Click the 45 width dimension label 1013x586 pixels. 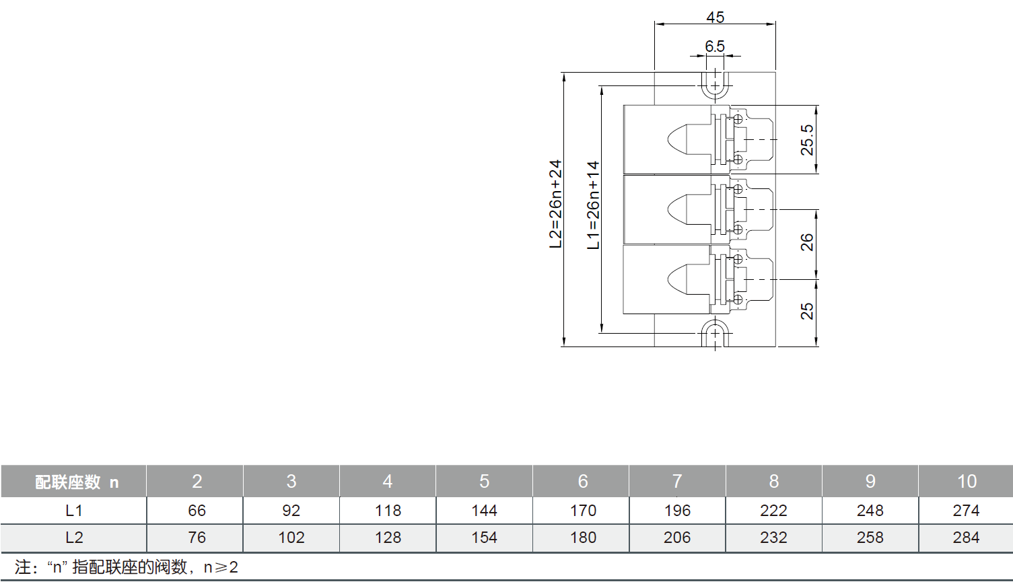point(715,17)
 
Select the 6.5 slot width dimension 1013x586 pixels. point(714,46)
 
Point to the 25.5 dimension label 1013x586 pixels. point(806,140)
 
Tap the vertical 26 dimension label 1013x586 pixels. point(806,242)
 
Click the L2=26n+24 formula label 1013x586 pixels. point(555,204)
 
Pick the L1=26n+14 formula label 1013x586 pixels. point(593,205)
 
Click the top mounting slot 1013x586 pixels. point(715,85)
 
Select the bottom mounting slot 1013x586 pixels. point(715,333)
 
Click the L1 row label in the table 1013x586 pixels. point(73,511)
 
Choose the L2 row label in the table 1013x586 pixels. point(73,538)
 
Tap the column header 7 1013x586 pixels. point(677,481)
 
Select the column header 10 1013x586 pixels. point(967,481)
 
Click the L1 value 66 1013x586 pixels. point(197,511)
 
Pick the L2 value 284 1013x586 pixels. point(966,538)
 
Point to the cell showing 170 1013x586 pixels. point(583,511)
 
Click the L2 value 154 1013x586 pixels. point(484,538)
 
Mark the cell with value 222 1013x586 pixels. point(773,511)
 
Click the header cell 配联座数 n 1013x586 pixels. point(76,482)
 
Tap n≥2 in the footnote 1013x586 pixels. point(221,567)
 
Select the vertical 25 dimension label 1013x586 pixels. point(806,311)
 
